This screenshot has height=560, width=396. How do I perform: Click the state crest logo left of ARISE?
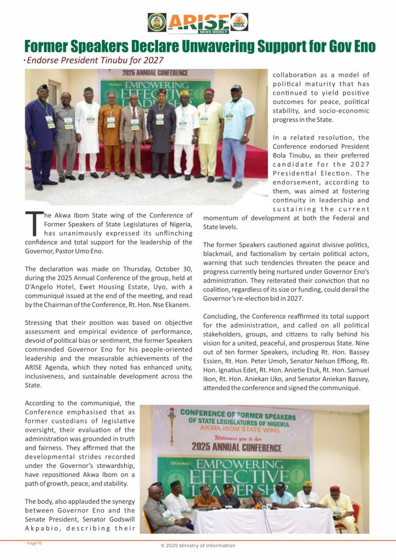[x=157, y=22]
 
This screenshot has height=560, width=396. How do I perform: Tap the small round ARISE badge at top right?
[x=239, y=22]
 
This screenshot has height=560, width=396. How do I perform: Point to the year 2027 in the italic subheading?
[x=153, y=60]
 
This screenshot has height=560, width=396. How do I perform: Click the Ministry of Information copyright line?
[x=198, y=546]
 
